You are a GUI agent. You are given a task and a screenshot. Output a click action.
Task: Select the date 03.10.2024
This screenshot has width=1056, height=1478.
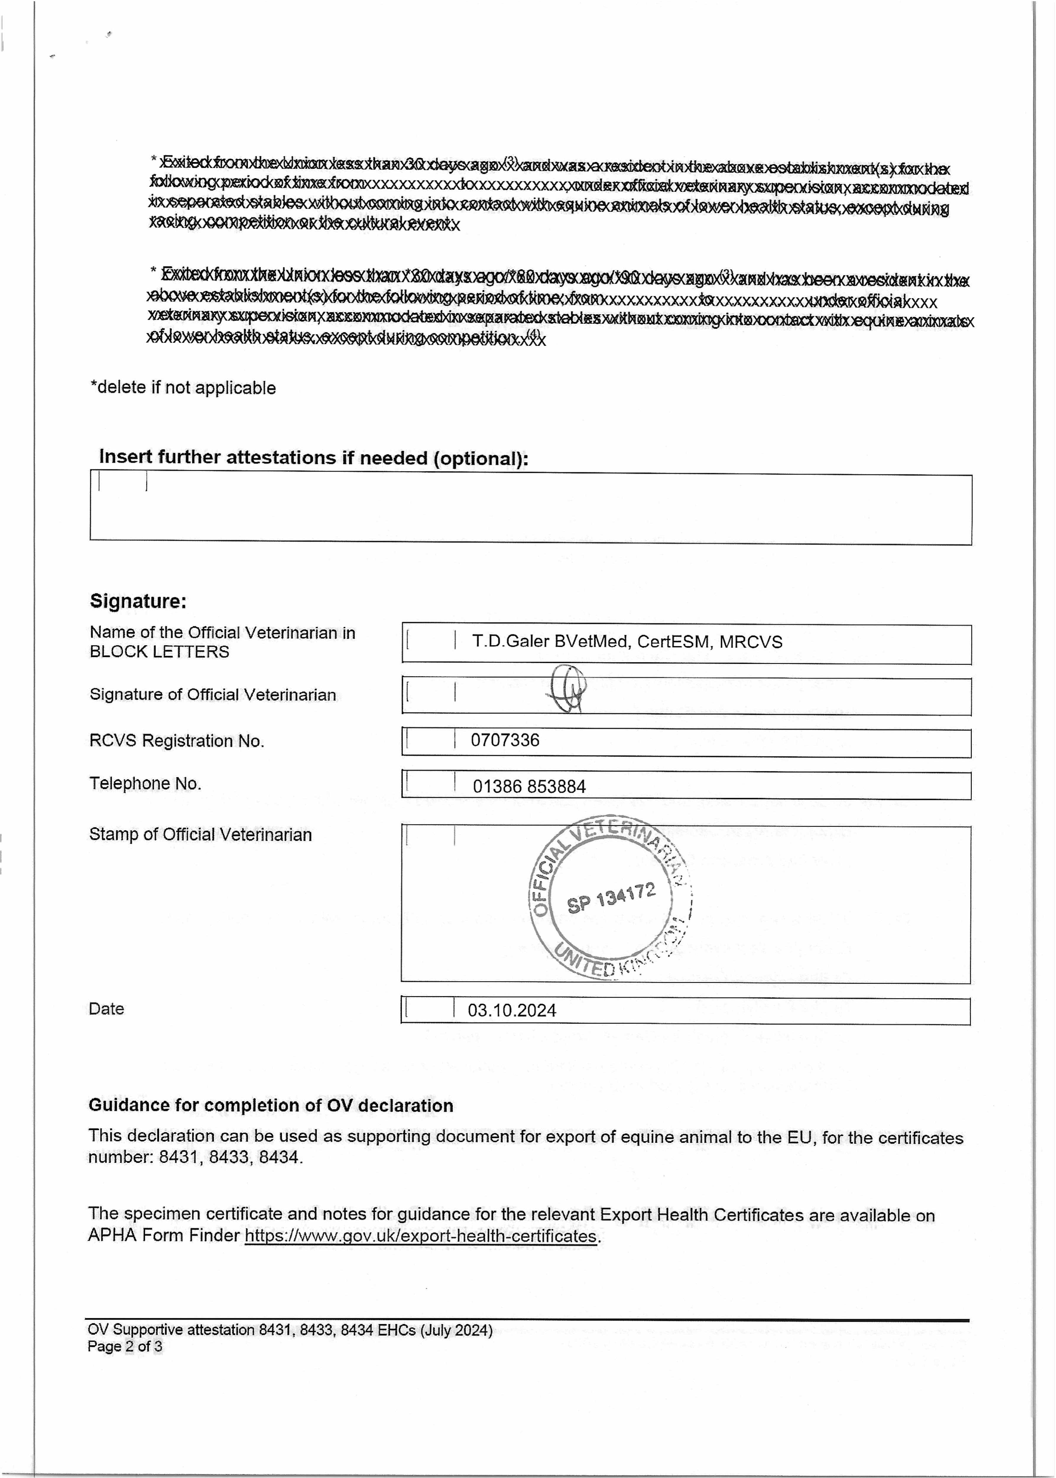pos(512,1010)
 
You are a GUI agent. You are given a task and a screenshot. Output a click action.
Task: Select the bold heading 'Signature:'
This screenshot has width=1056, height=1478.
pos(138,601)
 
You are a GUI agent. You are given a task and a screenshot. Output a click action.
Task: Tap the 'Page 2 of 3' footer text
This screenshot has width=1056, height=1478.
pos(125,1346)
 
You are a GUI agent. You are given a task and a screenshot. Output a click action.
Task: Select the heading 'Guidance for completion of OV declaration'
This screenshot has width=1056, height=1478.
pos(270,1106)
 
